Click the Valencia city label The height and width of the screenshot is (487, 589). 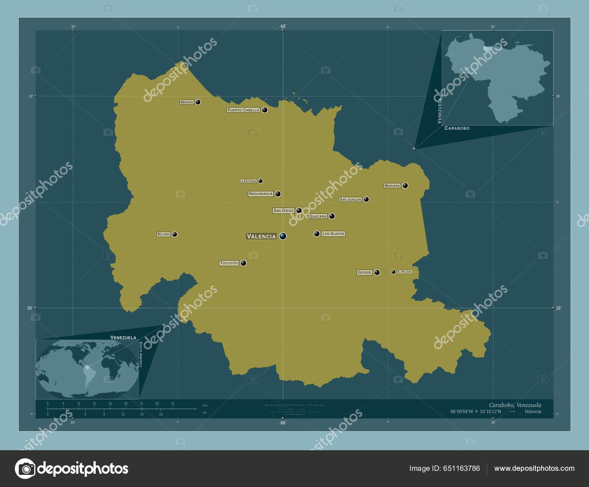pyautogui.click(x=261, y=236)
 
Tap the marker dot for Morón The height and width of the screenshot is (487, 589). pyautogui.click(x=198, y=102)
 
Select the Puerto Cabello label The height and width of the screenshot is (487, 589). pyautogui.click(x=243, y=110)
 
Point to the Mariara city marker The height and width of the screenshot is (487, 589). pyautogui.click(x=405, y=185)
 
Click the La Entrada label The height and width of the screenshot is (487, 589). pyautogui.click(x=248, y=181)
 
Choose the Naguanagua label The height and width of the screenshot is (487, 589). pyautogui.click(x=261, y=194)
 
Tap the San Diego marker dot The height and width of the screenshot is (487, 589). pyautogui.click(x=299, y=211)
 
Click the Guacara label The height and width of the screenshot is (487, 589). pyautogui.click(x=318, y=216)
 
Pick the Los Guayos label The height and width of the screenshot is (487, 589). pyautogui.click(x=333, y=234)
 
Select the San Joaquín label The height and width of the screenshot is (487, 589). pyautogui.click(x=350, y=199)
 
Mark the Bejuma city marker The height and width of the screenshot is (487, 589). pyautogui.click(x=175, y=234)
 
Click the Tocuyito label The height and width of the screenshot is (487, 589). pyautogui.click(x=229, y=263)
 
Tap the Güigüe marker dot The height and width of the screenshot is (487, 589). pyautogui.click(x=377, y=273)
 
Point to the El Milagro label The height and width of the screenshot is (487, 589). pyautogui.click(x=405, y=272)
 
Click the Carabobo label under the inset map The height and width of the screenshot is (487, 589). pyautogui.click(x=457, y=128)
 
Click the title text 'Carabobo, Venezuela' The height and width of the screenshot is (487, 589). pyautogui.click(x=515, y=405)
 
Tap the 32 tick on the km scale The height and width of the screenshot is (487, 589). pyautogui.click(x=173, y=404)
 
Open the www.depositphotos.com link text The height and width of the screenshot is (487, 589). pyautogui.click(x=534, y=468)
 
